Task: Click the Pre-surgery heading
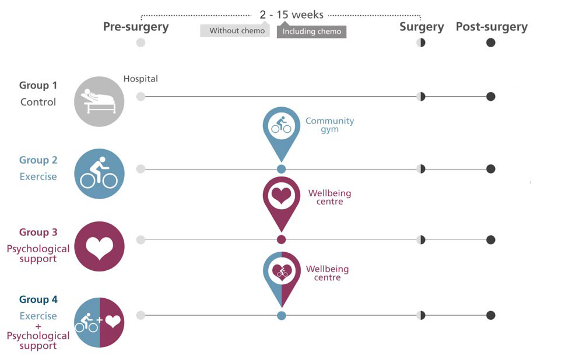[x=136, y=27]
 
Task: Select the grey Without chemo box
[x=235, y=31]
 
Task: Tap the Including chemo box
[x=312, y=31]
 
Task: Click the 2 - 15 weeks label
[x=291, y=15]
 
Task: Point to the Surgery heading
[x=422, y=27]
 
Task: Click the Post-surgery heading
[x=491, y=27]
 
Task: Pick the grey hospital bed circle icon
[x=99, y=101]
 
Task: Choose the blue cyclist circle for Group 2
[x=99, y=174]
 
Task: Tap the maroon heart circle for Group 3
[x=99, y=246]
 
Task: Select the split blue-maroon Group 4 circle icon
[x=99, y=322]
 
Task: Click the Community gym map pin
[x=281, y=128]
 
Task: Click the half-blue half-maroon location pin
[x=281, y=274]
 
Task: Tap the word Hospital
[x=141, y=79]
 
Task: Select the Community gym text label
[x=329, y=125]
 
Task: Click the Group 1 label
[x=38, y=86]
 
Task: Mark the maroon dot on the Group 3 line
[x=281, y=239]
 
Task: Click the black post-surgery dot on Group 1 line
[x=491, y=96]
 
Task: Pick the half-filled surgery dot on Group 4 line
[x=421, y=315]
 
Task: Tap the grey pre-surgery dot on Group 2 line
[x=141, y=169]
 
